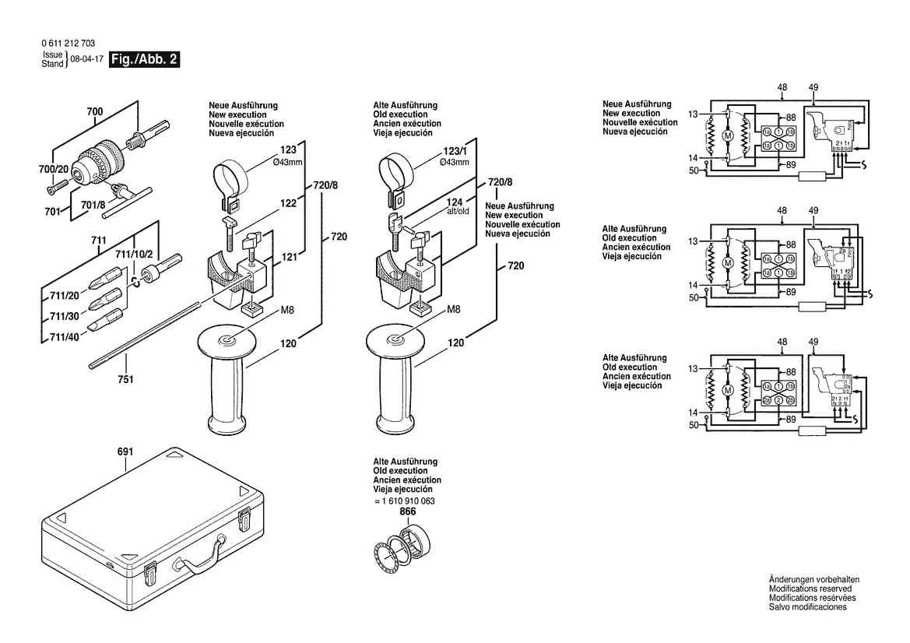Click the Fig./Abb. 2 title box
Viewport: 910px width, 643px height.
click(x=145, y=59)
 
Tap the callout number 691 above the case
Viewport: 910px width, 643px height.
click(x=126, y=452)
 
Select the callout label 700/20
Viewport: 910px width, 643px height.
click(x=54, y=169)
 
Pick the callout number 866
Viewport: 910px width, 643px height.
click(x=408, y=511)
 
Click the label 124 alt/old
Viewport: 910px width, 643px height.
click(x=456, y=206)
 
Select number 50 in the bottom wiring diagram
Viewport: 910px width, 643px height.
click(x=693, y=425)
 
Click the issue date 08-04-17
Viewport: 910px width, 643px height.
click(x=86, y=59)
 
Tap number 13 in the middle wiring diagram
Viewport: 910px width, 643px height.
click(x=693, y=241)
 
